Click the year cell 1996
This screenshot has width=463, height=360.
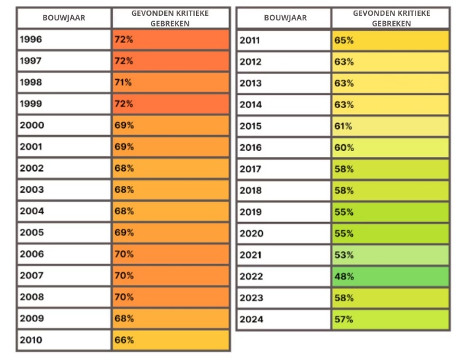[x=63, y=39]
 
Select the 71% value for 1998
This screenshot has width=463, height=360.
[x=171, y=82]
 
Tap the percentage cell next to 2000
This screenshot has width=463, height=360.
[x=171, y=125]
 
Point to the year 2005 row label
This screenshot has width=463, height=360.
[x=63, y=233]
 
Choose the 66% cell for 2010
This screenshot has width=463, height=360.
[x=171, y=340]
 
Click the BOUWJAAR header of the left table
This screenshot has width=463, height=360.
[x=63, y=18]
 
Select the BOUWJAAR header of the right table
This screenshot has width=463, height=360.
[x=284, y=18]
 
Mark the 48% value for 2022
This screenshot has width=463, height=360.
[x=390, y=276]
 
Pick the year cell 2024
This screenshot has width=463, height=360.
[x=284, y=319]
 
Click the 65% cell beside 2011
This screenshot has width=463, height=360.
[x=390, y=40]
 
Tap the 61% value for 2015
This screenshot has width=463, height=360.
[x=390, y=126]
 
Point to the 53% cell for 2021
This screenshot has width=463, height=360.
[x=390, y=255]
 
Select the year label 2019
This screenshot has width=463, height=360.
[x=284, y=212]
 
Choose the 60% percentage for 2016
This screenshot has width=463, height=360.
[x=390, y=148]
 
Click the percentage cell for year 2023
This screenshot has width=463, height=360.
[x=390, y=297]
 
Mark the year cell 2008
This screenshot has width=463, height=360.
[x=63, y=297]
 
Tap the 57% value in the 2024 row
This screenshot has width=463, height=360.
[x=390, y=319]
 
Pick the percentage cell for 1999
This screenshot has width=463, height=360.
[x=171, y=104]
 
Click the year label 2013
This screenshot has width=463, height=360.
[x=284, y=83]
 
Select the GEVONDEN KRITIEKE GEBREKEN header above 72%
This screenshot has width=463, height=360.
[x=171, y=18]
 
